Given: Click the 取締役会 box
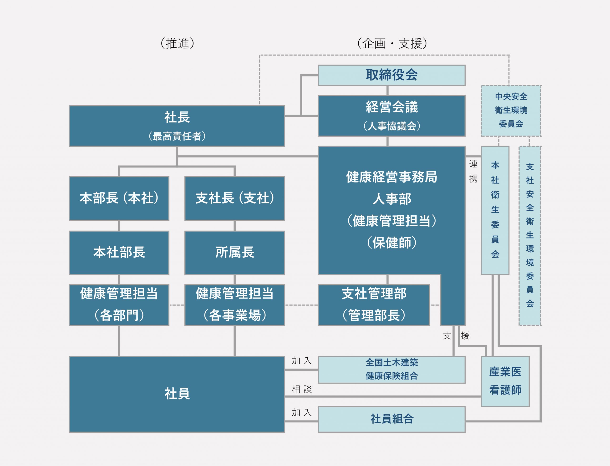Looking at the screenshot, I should (x=391, y=75).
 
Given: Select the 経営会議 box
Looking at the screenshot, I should (x=391, y=116).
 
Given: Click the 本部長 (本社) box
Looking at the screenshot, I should (x=119, y=198).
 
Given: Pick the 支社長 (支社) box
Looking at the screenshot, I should (x=234, y=198).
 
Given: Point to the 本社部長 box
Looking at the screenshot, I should (x=119, y=253).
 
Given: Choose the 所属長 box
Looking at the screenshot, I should (x=234, y=253).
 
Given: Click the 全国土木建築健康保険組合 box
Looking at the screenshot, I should (x=391, y=370).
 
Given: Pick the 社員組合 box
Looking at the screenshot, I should (x=391, y=419).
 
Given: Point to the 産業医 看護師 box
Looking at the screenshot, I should (x=505, y=381).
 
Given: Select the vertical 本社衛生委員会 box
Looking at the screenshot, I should (x=495, y=210).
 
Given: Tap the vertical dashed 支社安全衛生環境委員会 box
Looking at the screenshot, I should (x=530, y=235).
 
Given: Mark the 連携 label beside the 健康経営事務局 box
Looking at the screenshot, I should (x=473, y=171).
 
